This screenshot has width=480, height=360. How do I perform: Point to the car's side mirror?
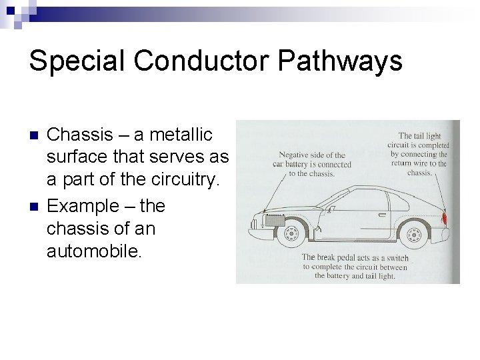click(x=325, y=197)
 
